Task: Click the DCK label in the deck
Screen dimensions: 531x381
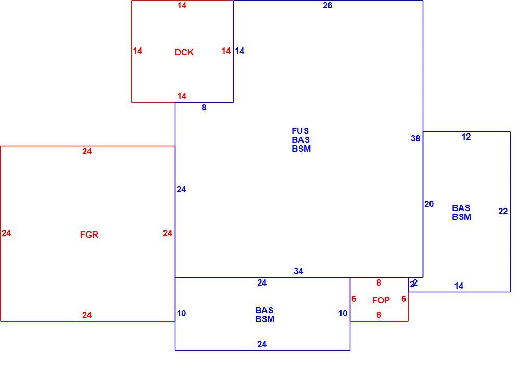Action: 184,52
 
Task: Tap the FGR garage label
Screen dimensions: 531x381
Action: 89,235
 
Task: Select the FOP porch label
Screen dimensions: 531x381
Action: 381,300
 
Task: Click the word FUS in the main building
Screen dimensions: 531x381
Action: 300,131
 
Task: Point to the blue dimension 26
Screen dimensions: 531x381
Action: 327,5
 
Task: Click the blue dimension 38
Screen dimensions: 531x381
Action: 415,138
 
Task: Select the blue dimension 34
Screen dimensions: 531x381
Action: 298,271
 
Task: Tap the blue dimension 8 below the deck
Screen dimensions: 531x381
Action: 204,107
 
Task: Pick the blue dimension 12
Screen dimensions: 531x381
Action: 466,137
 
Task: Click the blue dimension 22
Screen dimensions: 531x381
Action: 503,212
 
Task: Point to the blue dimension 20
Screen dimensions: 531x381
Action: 429,204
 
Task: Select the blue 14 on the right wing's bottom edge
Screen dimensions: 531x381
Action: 459,286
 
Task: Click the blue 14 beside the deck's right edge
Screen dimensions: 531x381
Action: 240,51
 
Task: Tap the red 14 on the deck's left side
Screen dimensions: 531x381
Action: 137,51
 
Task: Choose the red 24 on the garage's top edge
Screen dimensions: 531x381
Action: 87,152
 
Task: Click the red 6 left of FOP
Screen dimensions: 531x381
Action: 353,299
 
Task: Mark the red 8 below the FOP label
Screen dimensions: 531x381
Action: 378,315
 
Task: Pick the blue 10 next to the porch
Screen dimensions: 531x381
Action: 343,314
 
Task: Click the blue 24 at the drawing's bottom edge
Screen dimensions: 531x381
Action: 262,345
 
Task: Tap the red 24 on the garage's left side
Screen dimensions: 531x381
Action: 6,233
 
